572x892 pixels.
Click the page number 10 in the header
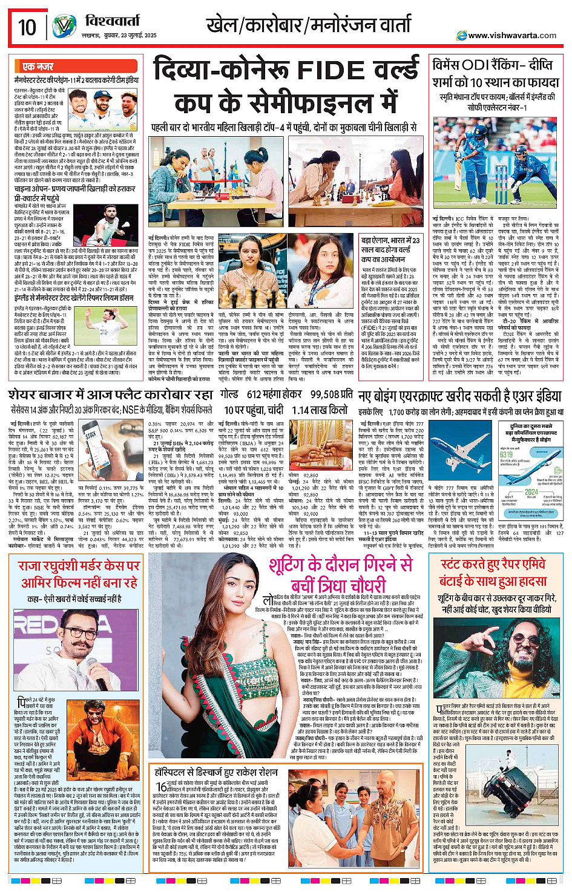27,27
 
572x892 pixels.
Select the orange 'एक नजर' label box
38,67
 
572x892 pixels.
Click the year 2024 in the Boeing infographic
531,492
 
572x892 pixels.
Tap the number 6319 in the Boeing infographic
507,454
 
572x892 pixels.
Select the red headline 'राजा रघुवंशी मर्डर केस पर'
79,566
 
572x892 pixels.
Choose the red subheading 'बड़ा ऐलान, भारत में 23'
390,240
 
